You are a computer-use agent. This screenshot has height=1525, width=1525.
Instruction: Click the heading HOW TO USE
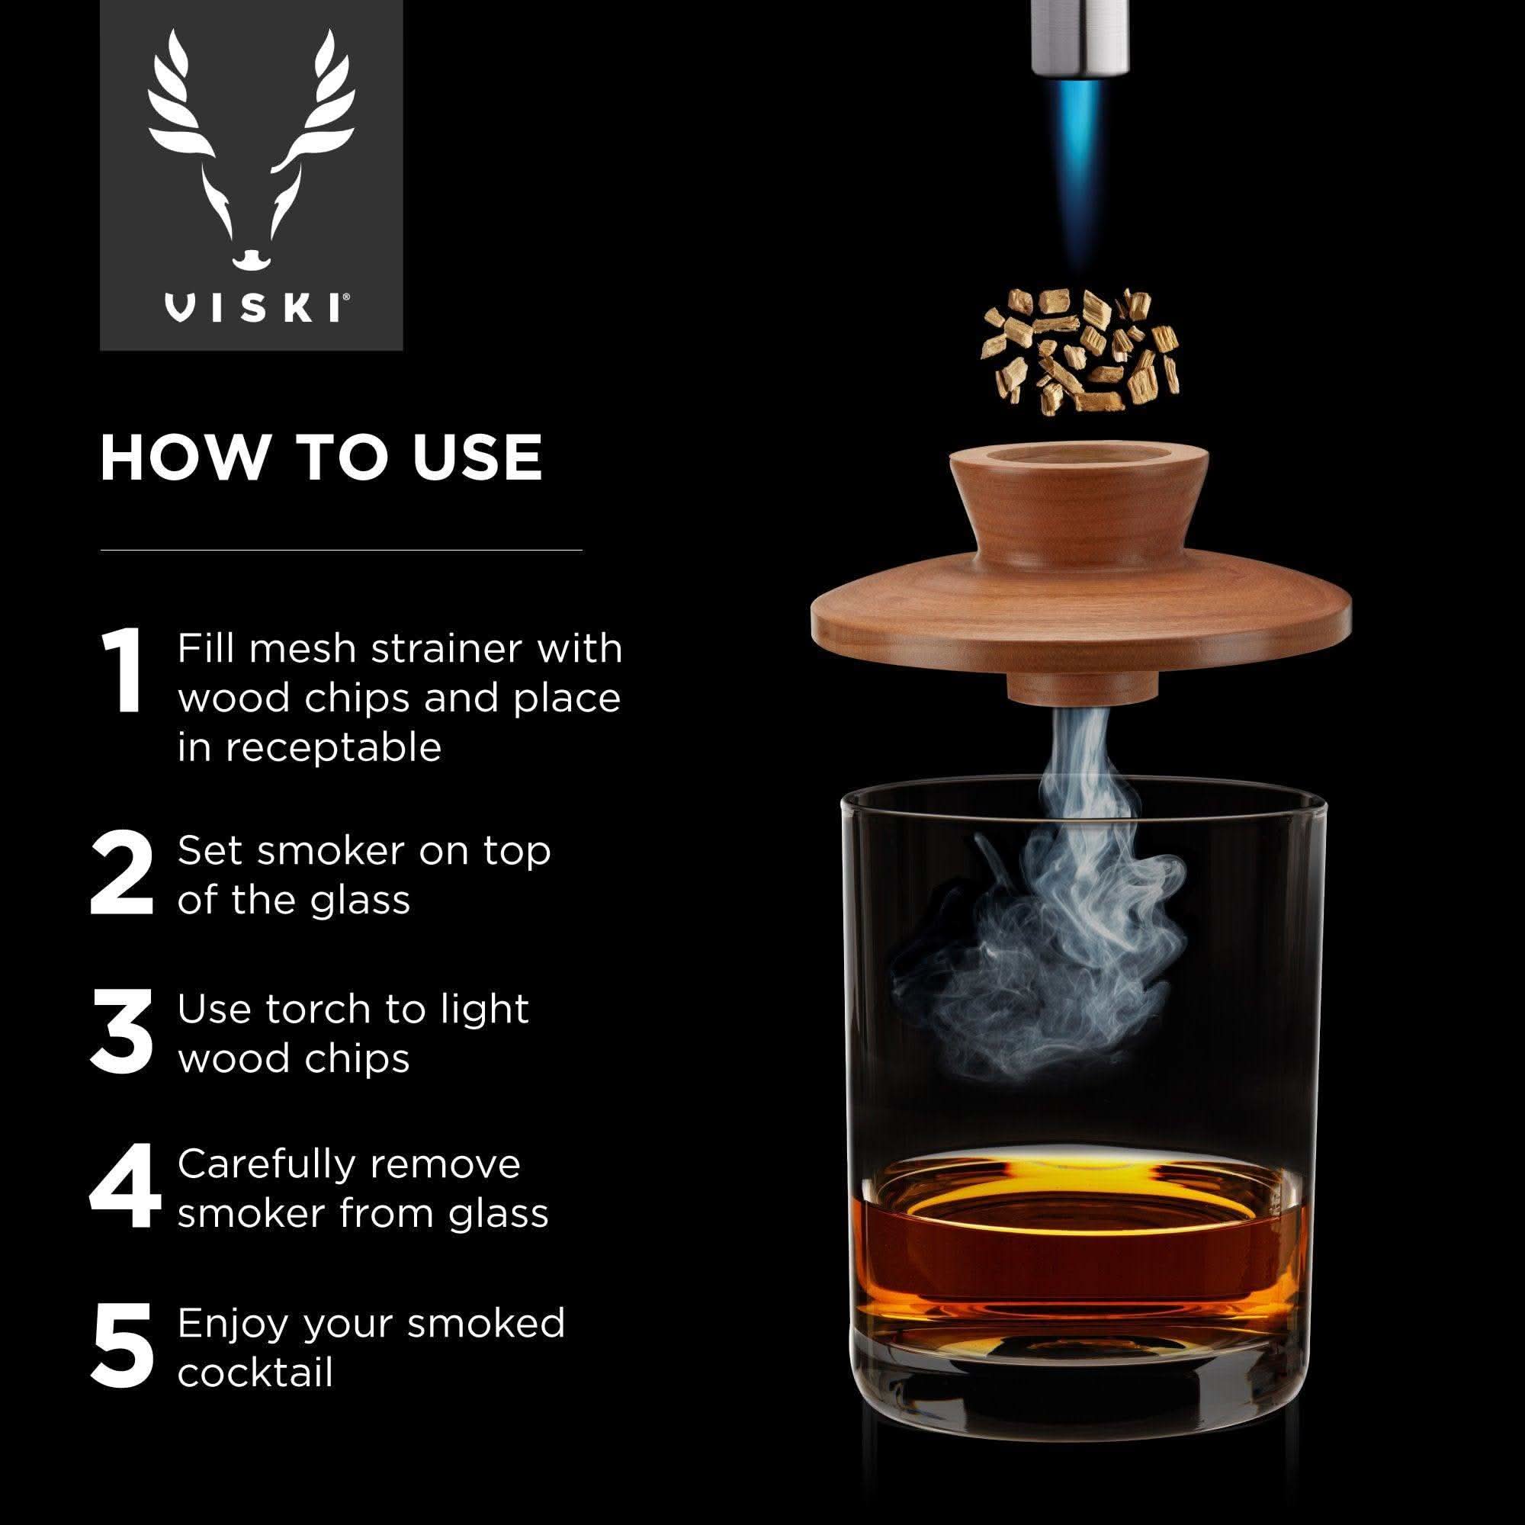321,457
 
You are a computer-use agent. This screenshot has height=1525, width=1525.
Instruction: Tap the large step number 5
122,1346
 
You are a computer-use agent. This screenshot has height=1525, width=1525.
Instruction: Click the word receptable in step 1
310,747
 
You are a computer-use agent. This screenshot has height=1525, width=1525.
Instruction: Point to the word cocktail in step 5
255,1372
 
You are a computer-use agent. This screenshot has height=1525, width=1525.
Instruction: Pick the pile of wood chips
1080,352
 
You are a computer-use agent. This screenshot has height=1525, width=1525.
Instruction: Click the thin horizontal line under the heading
341,549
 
